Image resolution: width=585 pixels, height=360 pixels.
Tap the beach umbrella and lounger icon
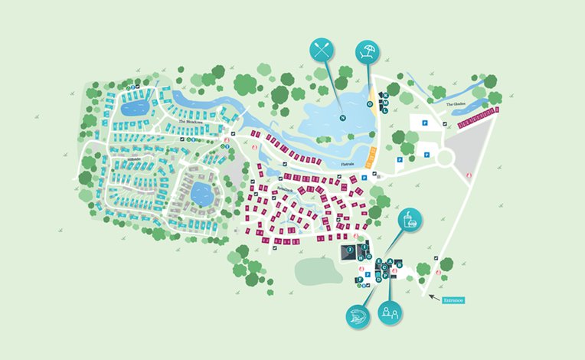pos(368,53)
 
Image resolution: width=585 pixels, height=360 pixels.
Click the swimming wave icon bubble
pos(358,316)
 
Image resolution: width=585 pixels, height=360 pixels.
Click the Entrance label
pos(453,300)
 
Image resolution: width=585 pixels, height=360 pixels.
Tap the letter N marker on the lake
pos(343,117)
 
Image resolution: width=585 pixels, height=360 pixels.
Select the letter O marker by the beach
pos(370,103)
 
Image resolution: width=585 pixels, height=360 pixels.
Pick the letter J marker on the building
pos(350,250)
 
